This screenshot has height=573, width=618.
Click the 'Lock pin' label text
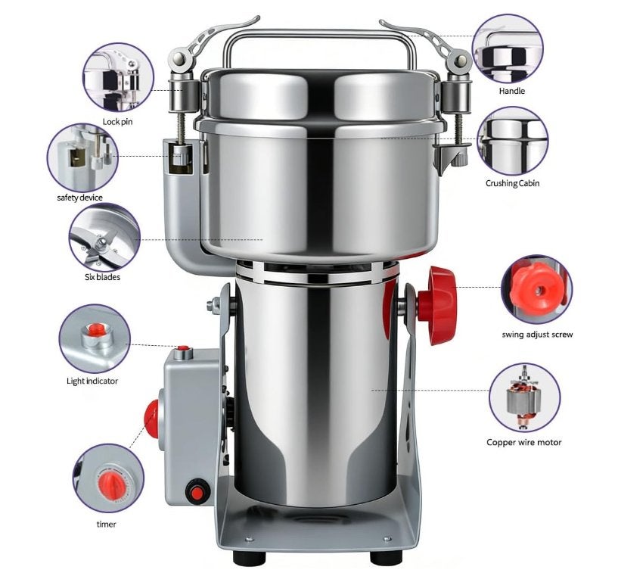pos(117,122)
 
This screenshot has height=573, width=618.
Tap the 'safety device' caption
pos(79,198)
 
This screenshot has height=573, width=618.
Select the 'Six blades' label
pos(102,277)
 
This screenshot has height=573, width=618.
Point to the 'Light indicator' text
pos(92,381)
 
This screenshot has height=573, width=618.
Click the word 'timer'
pos(107,524)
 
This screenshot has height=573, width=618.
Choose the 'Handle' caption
pos(512,91)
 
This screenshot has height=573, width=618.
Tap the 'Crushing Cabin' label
pos(512,183)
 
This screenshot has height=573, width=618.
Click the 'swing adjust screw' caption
pos(537,335)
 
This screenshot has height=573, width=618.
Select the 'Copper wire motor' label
pos(523,442)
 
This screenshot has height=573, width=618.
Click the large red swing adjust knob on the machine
pos(437,306)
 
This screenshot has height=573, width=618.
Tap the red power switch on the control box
pos(196,493)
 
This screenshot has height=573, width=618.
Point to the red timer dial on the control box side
pos(152,419)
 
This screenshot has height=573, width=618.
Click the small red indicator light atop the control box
pos(183,349)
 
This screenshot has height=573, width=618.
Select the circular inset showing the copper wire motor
pos(525,397)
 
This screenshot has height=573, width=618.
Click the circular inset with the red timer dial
pos(109,478)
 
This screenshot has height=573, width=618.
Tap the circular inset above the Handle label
pos(508,49)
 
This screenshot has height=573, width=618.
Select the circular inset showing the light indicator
pos(95,339)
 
